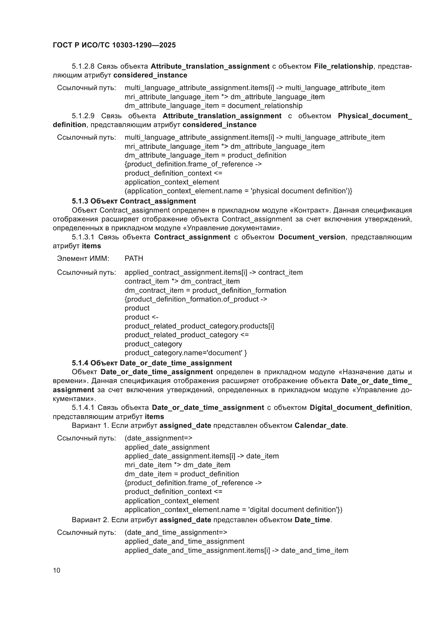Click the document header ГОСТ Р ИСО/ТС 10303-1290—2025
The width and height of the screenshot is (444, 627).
click(114, 45)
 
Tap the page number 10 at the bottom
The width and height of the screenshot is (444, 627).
click(57, 570)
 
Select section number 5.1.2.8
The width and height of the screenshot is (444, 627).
click(83, 66)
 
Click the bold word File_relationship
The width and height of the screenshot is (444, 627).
click(343, 66)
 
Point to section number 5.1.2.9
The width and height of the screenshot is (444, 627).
click(83, 116)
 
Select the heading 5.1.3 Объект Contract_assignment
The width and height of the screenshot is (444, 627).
click(134, 201)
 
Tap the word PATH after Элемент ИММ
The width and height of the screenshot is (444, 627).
click(134, 258)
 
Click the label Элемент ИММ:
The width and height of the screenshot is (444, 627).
click(83, 258)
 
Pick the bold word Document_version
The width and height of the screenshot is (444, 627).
click(311, 237)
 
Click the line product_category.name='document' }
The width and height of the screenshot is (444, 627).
click(186, 353)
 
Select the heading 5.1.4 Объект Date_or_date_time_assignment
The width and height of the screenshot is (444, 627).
click(152, 363)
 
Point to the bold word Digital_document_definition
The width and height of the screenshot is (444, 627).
click(359, 407)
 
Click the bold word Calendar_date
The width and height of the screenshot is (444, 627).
click(320, 425)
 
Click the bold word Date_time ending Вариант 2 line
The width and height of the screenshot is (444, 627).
click(312, 520)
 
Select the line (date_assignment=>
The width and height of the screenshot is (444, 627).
click(158, 438)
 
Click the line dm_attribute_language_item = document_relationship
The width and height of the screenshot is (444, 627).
click(213, 106)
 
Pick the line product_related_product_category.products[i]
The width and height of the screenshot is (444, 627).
click(199, 326)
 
